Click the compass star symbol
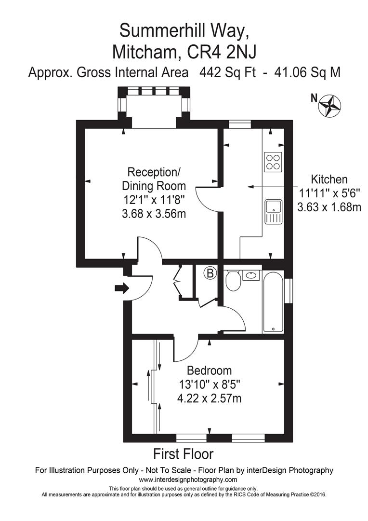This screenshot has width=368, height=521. [331, 105]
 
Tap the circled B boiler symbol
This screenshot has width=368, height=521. [210, 274]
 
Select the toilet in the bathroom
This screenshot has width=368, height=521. [234, 280]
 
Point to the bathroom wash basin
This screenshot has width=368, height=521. [251, 275]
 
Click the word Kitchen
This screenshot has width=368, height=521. [329, 179]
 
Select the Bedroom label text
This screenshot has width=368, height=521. [210, 371]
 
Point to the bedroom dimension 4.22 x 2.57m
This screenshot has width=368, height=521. [210, 398]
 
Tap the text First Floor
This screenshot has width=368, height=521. [183, 454]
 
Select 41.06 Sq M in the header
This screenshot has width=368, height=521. [307, 72]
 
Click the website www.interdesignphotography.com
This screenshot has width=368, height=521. [188, 480]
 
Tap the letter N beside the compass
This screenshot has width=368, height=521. [314, 99]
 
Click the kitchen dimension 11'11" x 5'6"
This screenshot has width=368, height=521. [329, 193]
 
